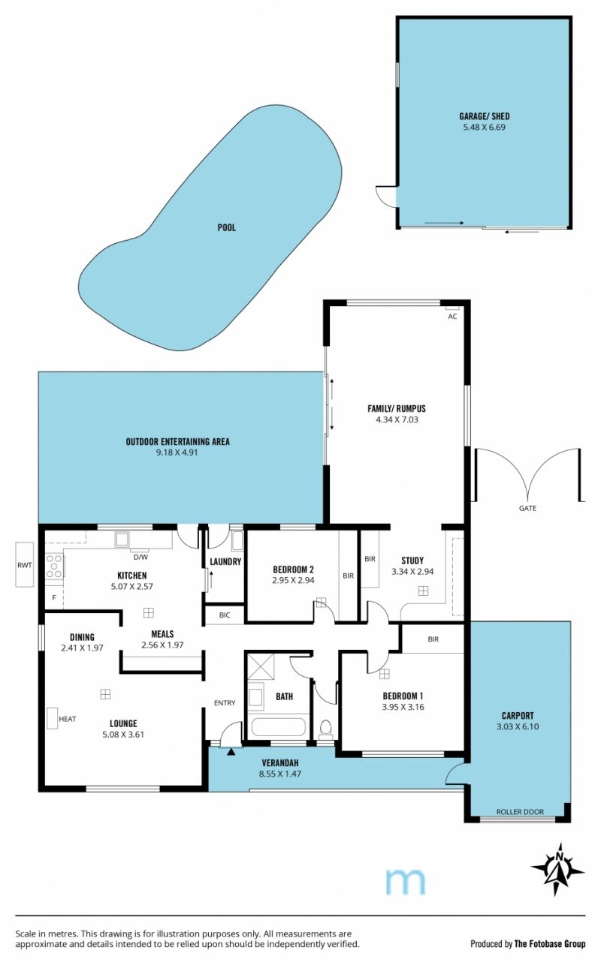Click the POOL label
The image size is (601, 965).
pos(227,227)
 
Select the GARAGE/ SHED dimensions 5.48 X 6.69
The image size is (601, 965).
pos(484,127)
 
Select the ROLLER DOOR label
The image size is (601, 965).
pos(520,812)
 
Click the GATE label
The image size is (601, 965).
pos(527,508)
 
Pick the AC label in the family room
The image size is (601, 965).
pos(452,317)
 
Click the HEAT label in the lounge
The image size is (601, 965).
pos(68,719)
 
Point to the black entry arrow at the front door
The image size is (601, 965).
pos(231,752)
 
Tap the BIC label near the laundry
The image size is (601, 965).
pos(225,615)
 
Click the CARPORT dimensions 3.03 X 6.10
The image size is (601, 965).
pos(518,726)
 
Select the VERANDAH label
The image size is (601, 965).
pos(280,762)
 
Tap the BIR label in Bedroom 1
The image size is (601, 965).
pos(433,639)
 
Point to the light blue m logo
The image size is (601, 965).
pos(405,881)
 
